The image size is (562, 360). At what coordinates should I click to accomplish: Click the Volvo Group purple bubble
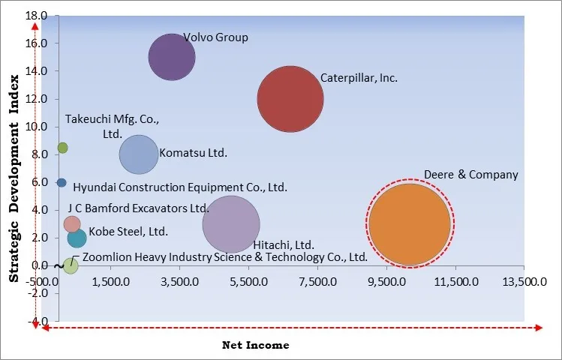click(x=172, y=57)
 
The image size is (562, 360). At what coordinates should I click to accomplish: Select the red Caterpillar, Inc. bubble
click(x=290, y=99)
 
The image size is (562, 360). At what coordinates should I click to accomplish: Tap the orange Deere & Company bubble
click(x=409, y=223)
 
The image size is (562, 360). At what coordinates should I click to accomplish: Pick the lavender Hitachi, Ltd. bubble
click(x=231, y=223)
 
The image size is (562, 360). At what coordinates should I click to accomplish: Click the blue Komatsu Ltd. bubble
click(x=139, y=154)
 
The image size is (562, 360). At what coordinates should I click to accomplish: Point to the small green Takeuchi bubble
click(x=62, y=148)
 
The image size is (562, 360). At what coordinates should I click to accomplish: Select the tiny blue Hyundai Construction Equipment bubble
click(x=62, y=182)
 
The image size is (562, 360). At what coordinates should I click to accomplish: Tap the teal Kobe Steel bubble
click(x=77, y=238)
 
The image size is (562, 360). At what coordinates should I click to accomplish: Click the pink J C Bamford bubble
click(x=72, y=223)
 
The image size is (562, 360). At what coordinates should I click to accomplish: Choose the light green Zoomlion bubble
click(x=71, y=265)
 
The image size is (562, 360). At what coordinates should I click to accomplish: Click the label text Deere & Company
click(x=470, y=175)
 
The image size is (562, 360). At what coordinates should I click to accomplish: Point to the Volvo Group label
click(x=215, y=37)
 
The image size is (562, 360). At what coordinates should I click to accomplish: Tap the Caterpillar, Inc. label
click(x=359, y=77)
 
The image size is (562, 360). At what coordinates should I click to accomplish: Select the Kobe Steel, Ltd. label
click(x=128, y=232)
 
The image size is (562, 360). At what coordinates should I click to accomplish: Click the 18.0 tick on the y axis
click(x=35, y=16)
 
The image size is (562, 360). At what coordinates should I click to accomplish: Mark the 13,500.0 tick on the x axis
click(x=524, y=282)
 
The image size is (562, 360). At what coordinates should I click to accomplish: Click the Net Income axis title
click(x=256, y=345)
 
